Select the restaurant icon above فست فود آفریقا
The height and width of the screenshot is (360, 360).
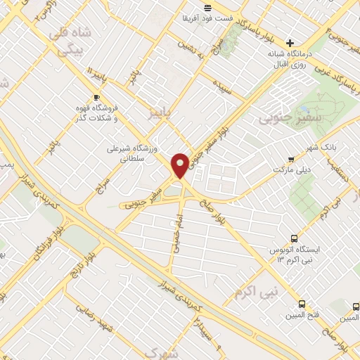(x=207, y=8)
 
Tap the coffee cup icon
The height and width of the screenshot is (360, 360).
(x=96, y=98)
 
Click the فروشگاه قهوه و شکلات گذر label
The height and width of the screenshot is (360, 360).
(x=96, y=115)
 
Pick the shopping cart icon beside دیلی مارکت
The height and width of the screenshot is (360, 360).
(x=291, y=157)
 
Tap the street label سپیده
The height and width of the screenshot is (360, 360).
(x=223, y=84)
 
